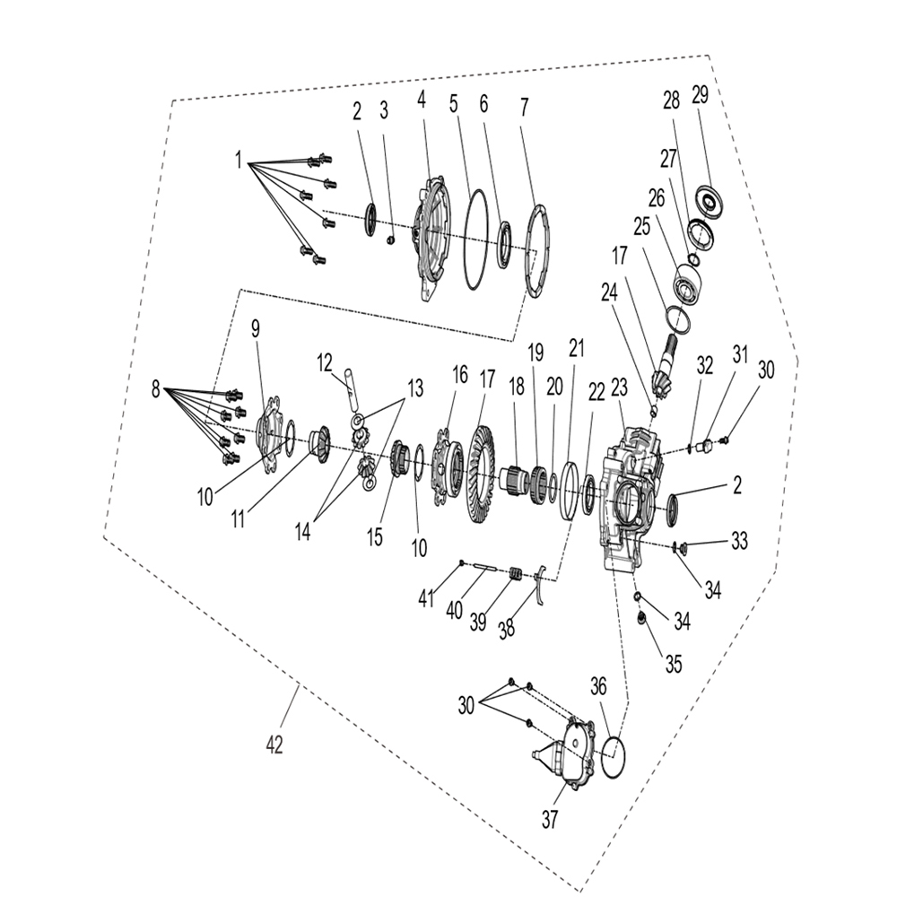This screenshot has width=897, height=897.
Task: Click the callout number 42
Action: tap(274, 745)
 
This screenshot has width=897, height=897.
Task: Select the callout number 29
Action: tap(701, 95)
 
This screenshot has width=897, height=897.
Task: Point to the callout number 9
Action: tap(255, 329)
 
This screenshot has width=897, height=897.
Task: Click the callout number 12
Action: tap(325, 362)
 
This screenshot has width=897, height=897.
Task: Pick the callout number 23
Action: tap(619, 387)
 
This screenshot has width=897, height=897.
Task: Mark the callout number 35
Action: tap(673, 664)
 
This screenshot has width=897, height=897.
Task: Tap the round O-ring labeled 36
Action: tap(612, 757)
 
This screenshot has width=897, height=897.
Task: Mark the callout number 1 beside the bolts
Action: tap(239, 160)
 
